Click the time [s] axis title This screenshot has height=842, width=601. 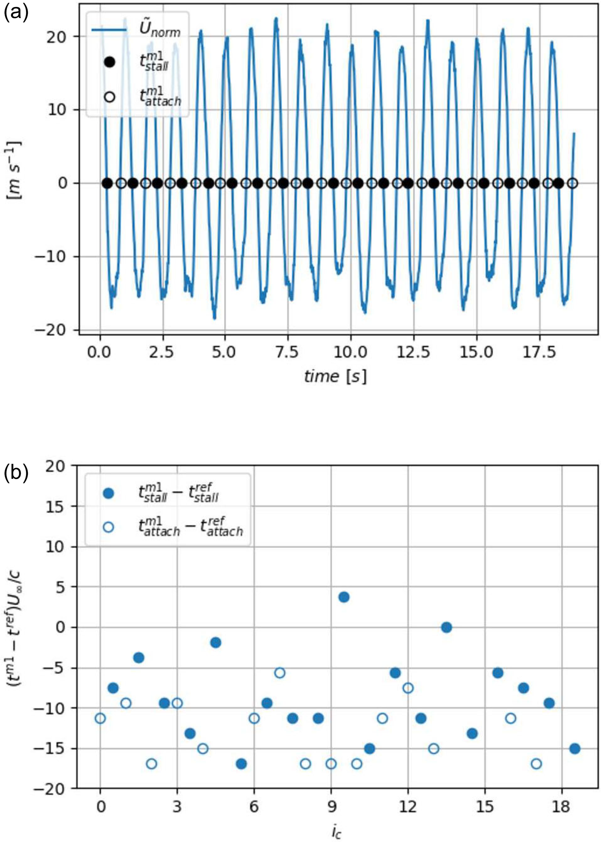[x=335, y=376]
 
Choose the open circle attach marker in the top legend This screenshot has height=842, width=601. [x=110, y=97]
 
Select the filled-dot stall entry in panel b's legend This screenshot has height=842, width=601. [x=110, y=493]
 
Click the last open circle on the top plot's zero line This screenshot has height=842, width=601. [x=573, y=183]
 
